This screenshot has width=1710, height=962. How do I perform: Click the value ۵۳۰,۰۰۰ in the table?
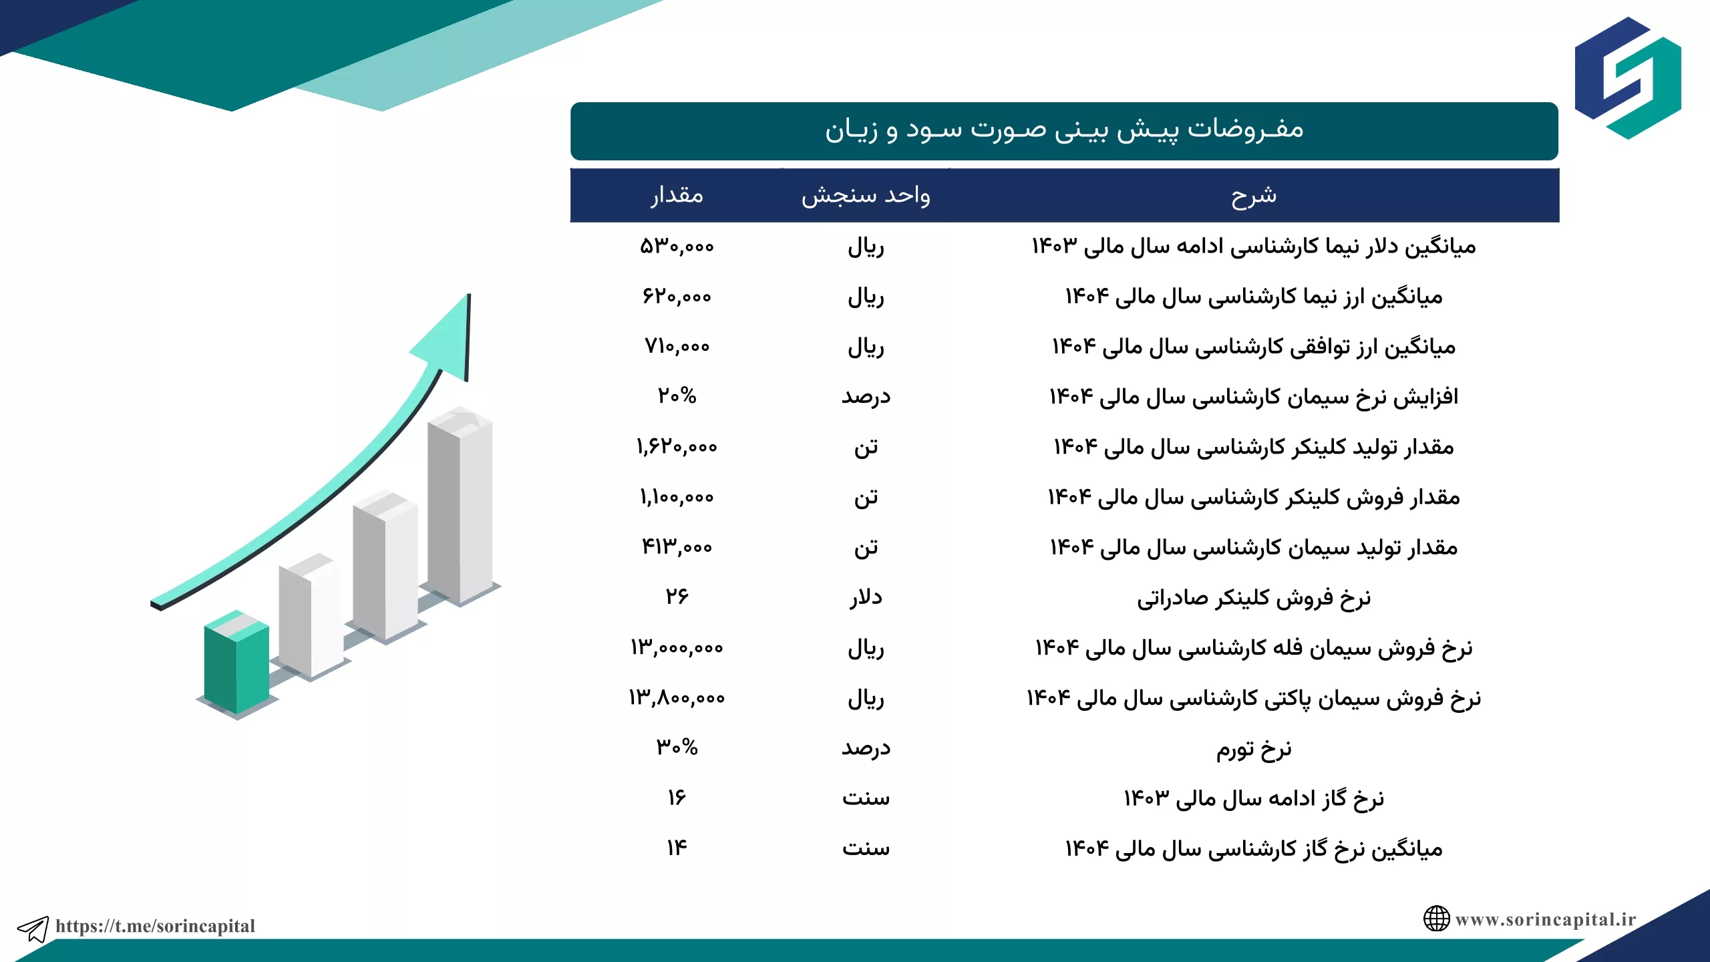[x=677, y=247]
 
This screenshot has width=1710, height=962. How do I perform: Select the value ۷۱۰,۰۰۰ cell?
[x=677, y=346]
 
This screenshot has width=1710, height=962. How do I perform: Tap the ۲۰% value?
[x=677, y=396]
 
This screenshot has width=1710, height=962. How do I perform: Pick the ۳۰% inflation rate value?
[x=677, y=747]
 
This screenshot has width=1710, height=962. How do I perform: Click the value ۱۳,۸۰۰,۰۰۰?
[x=677, y=697]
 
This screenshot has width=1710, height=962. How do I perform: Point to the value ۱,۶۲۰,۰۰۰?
[x=677, y=446]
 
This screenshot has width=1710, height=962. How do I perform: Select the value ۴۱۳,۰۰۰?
[x=677, y=547]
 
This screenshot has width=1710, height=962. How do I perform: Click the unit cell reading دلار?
[x=866, y=597]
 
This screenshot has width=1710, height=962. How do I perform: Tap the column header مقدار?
[x=677, y=195]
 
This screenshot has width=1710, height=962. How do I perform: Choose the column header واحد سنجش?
[x=866, y=195]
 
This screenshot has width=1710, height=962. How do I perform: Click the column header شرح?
[x=1254, y=195]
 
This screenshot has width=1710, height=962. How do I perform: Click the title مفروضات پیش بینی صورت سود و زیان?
[x=1064, y=129]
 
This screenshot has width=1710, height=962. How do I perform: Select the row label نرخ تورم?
[x=1254, y=748]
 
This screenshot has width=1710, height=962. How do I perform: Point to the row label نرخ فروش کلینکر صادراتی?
[x=1254, y=597]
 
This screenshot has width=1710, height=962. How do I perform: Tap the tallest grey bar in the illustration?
[x=460, y=504]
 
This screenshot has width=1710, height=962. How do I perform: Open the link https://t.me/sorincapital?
[x=155, y=926]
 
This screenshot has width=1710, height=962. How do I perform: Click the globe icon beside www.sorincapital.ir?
[x=1436, y=919]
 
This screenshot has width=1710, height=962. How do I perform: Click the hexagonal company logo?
[x=1628, y=78]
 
